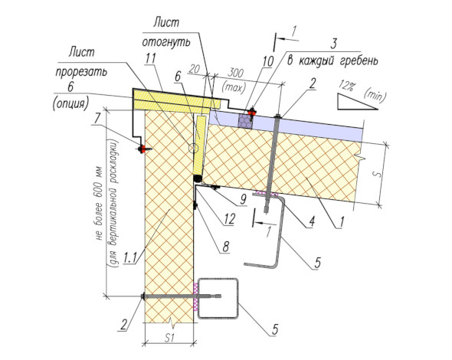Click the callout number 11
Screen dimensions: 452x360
(x=150, y=58)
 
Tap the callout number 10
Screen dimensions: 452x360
(x=267, y=61)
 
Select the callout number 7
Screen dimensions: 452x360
(x=97, y=118)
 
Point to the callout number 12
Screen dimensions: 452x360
(x=230, y=219)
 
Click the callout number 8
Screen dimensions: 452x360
(x=225, y=247)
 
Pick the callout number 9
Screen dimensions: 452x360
(x=244, y=199)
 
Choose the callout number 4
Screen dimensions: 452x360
(x=311, y=221)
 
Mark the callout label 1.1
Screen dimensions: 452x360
(x=129, y=258)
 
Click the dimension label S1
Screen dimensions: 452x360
(x=169, y=338)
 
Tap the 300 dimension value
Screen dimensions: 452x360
(x=235, y=74)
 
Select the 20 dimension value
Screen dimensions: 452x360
(x=195, y=69)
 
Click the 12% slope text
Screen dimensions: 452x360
(x=346, y=86)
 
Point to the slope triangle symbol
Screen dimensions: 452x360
(x=358, y=101)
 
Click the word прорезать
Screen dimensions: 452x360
(x=81, y=72)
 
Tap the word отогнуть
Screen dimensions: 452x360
(x=166, y=42)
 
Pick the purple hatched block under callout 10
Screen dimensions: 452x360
(x=245, y=120)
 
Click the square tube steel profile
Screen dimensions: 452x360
(x=218, y=298)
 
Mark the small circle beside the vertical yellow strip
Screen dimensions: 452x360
(x=193, y=148)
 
